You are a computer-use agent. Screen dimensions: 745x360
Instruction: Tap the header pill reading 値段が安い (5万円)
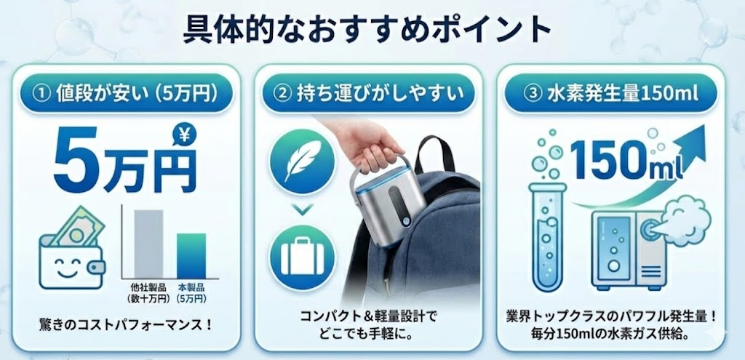[x=126, y=92]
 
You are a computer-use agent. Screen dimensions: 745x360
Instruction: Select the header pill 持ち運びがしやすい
[x=369, y=92]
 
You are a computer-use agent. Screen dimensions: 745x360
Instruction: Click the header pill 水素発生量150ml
[x=611, y=92]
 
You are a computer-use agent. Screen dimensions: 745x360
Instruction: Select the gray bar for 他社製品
[x=148, y=244]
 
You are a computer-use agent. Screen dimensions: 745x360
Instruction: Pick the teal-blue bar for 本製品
[x=191, y=255]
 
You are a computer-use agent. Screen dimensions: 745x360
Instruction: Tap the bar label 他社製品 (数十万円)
[x=148, y=293]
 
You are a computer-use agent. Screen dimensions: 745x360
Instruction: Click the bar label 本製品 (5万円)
[x=192, y=293]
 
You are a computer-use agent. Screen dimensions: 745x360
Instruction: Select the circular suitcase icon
[x=302, y=258]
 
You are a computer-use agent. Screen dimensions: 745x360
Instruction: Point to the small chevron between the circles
[x=302, y=209]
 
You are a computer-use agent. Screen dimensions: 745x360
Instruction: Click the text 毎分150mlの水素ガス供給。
[x=611, y=335]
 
